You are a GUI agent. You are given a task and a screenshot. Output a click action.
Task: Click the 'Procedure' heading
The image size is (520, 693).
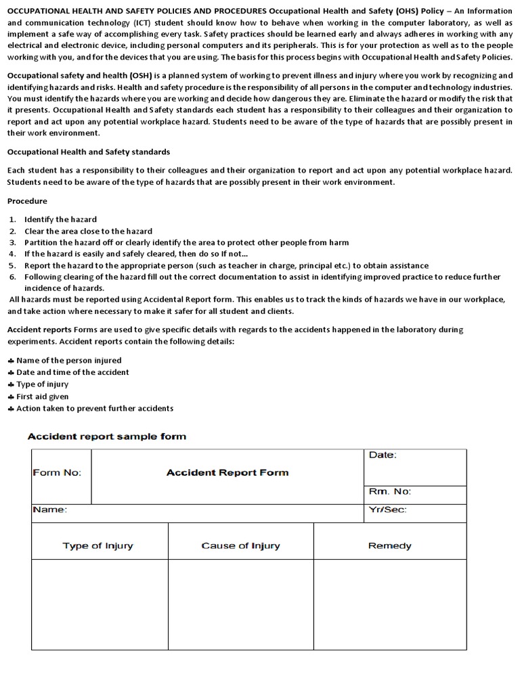pos(27,201)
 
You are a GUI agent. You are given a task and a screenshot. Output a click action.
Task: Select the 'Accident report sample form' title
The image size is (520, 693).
pos(106,437)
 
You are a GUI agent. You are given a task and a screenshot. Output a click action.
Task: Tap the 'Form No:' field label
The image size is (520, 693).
pos(57,472)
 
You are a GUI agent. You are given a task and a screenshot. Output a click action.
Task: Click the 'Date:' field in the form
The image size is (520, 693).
pos(383,455)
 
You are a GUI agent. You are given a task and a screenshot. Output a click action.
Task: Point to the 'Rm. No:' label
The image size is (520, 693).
pos(389,491)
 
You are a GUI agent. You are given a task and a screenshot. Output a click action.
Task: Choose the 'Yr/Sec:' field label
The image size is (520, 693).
pos(388,510)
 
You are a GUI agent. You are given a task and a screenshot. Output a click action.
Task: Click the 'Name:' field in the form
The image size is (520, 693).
pos(49,510)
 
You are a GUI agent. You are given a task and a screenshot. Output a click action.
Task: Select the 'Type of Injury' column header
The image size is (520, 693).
pos(98,545)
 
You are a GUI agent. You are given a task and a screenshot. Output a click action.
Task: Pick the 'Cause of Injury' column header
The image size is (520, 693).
pos(240,545)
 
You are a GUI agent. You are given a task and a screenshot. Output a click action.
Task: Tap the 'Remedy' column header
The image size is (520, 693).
pos(389,545)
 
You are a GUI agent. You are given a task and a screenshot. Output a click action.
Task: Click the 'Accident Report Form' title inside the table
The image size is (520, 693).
pos(227,472)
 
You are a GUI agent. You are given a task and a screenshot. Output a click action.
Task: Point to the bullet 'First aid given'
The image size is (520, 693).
pos(42,397)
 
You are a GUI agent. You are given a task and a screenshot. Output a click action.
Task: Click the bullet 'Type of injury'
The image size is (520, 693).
pos(42,384)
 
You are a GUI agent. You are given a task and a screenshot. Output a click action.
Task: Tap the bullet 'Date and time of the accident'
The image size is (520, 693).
pos(72,372)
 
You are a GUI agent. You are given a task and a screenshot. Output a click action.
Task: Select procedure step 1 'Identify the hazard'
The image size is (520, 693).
pos(60,219)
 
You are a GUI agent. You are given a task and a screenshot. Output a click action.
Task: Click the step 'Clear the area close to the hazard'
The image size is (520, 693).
pos(88,231)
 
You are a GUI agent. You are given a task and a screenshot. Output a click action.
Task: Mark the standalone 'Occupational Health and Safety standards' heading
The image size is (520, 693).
pos(89,152)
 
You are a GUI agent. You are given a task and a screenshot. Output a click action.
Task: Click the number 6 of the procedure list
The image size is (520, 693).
pos(12,277)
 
